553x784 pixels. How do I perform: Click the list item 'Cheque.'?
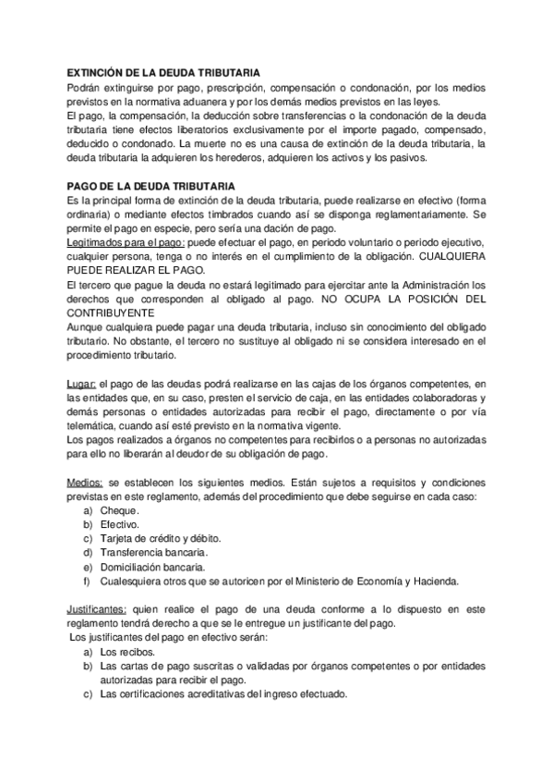120,510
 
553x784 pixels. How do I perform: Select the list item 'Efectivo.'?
121,524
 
